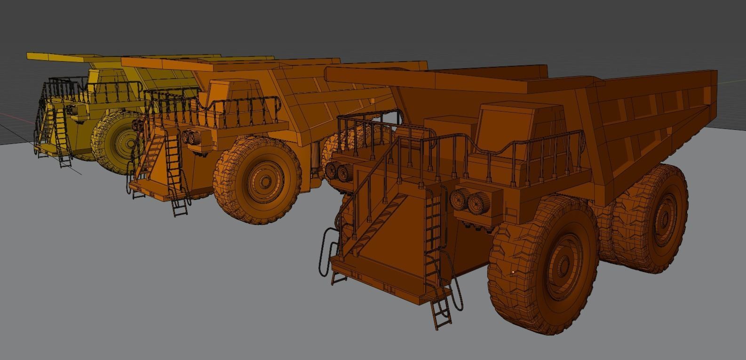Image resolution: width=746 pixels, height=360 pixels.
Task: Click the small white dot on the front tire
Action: tap(513, 272)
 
